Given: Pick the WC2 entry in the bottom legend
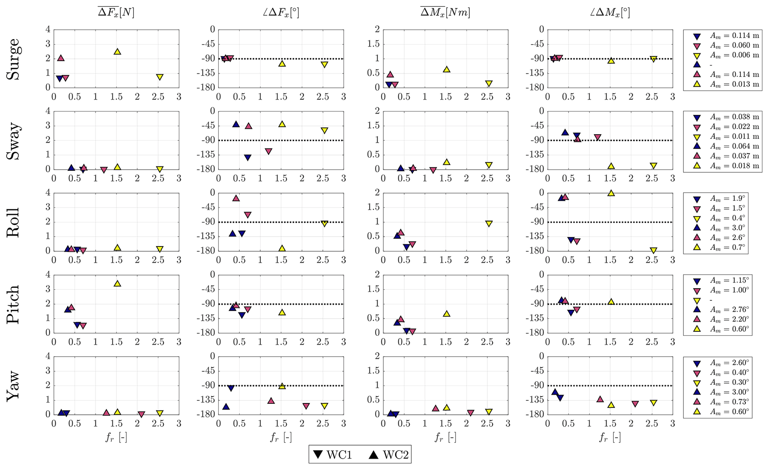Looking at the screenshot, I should tap(390, 455).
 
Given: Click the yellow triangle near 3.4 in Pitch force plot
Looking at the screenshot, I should tap(117, 283).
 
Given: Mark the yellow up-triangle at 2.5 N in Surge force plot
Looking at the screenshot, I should tap(117, 51).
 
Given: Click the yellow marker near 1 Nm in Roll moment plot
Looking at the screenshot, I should tap(488, 223).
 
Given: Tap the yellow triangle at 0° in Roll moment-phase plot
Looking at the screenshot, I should tap(611, 193).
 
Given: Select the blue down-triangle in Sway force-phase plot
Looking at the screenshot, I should tap(247, 158).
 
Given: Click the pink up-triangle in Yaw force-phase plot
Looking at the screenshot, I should tap(271, 400).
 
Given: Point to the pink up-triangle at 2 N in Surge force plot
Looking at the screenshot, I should tap(61, 58).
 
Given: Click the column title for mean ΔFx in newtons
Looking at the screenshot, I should tap(116, 13).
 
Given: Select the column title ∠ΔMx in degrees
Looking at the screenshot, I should tap(610, 13).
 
